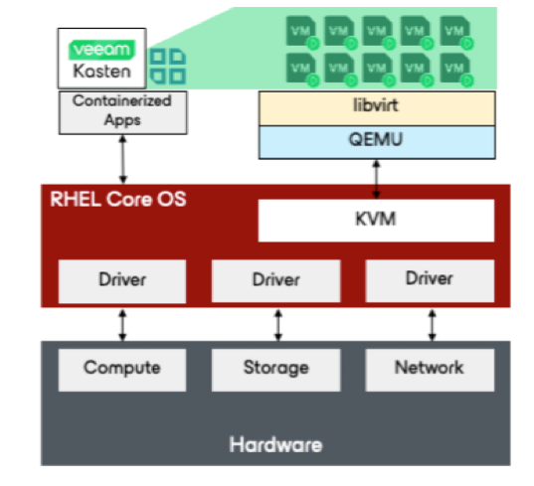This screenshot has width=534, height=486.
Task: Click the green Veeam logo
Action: tap(101, 50)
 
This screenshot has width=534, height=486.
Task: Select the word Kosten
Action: tap(101, 72)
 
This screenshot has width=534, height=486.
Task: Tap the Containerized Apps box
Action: tap(122, 112)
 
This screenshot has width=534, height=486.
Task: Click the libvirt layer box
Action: tap(377, 108)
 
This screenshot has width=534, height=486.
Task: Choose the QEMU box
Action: tap(377, 142)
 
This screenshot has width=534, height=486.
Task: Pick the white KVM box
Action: tap(376, 221)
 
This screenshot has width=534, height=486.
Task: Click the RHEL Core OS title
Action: tap(118, 199)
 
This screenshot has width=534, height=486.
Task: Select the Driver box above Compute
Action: tap(122, 281)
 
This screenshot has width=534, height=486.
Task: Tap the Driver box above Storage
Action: tap(275, 281)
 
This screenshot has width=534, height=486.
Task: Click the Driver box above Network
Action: tap(430, 281)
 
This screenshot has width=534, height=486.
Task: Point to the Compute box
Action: tap(122, 370)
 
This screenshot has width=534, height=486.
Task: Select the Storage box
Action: tap(275, 370)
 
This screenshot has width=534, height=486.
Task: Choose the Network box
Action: tap(430, 370)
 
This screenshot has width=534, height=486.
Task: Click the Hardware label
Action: tap(275, 444)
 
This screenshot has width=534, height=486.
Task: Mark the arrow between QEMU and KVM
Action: tap(376, 179)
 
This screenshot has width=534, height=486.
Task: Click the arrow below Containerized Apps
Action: tap(123, 160)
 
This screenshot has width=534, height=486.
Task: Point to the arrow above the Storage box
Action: tap(278, 325)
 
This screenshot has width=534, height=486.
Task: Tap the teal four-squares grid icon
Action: tap(168, 67)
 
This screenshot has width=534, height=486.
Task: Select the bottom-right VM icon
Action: tap(456, 70)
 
